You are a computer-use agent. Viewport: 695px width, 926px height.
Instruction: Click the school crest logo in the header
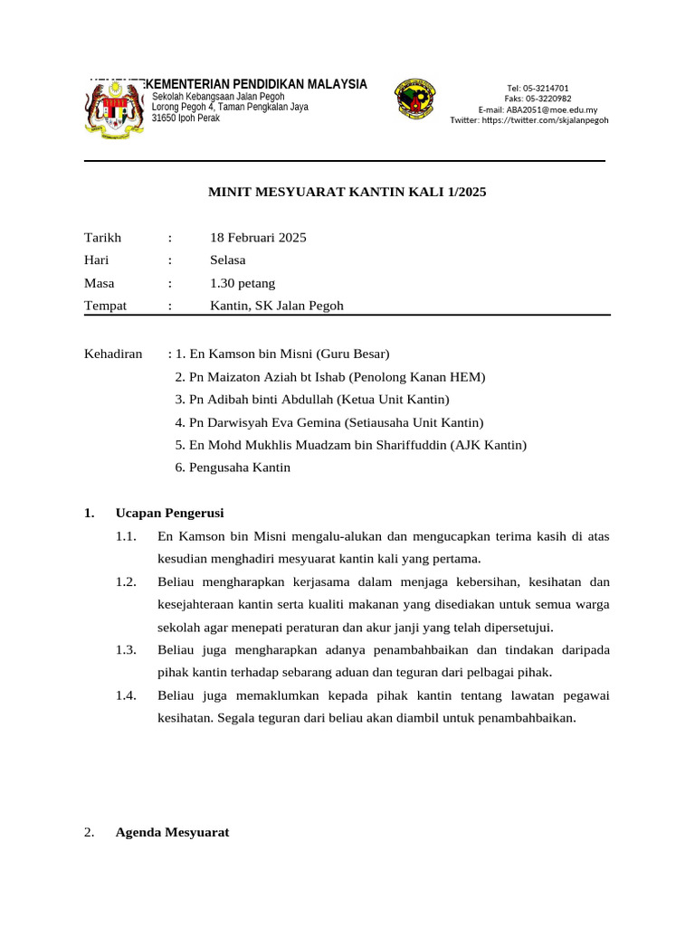tap(415, 99)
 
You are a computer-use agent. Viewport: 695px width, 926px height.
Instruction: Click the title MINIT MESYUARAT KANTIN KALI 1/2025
tap(347, 192)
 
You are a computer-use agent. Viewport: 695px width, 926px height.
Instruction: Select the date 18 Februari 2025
tap(258, 238)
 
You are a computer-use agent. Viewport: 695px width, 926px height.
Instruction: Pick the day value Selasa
tap(228, 260)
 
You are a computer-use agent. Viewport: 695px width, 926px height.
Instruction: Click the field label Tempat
tap(105, 306)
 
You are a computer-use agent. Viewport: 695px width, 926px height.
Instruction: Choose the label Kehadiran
tap(113, 354)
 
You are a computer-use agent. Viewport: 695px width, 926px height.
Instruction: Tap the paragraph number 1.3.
tap(126, 650)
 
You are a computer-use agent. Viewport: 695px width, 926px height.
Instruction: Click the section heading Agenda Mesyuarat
tap(172, 833)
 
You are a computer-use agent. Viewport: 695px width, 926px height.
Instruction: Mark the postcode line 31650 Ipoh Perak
tap(186, 118)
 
